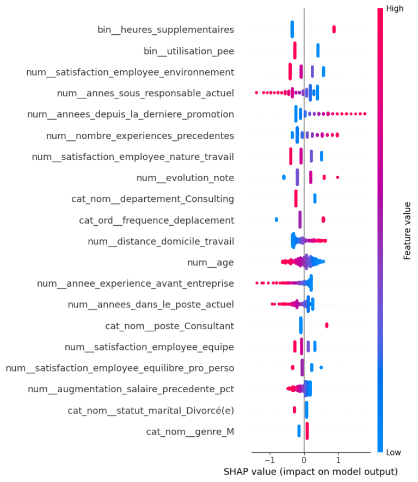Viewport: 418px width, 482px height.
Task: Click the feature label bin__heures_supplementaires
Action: point(165,29)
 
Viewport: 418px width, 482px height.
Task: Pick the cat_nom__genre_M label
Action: point(190,432)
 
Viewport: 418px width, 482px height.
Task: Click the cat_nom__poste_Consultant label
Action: point(169,326)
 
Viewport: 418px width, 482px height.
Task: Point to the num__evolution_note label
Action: point(185,178)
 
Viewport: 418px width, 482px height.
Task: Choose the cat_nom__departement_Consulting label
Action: point(152,199)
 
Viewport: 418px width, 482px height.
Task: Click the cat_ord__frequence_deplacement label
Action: point(156,220)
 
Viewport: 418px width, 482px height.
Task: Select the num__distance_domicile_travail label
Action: point(161,242)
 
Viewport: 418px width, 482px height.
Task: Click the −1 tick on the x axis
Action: point(269,459)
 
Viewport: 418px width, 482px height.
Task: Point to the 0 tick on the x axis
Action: point(304,459)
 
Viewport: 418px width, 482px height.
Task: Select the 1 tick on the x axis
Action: point(338,459)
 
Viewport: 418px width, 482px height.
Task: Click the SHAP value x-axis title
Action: point(310,471)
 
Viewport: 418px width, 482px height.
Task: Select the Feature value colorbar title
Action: point(407,231)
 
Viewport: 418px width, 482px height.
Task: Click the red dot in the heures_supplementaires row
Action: point(334,29)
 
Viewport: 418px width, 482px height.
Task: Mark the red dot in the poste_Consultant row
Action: point(327,325)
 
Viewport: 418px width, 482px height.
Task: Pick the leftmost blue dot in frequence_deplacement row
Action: point(276,220)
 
